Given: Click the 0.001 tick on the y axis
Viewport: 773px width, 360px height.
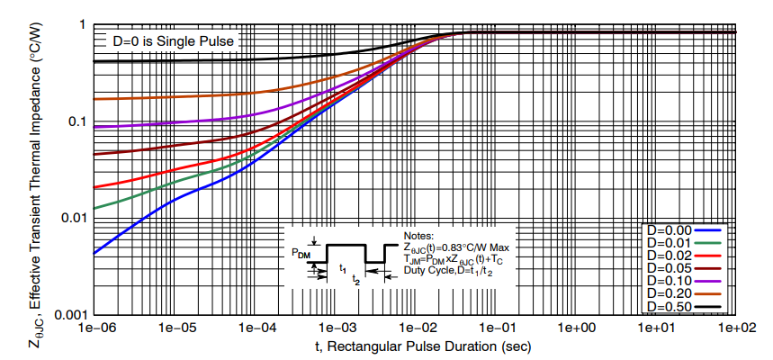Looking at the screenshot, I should pos(68,315).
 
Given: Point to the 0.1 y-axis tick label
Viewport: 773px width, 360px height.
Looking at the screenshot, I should pos(76,121).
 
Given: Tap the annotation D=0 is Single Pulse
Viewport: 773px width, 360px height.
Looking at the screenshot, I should pos(172,41).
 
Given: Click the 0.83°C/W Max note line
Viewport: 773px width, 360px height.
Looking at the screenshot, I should pos(456,247).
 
